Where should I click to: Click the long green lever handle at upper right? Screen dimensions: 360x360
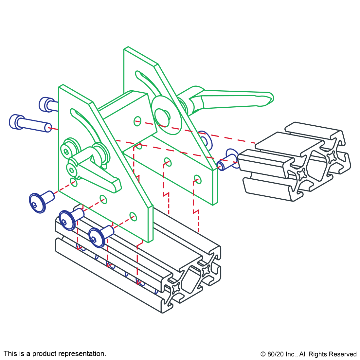(x=236, y=98)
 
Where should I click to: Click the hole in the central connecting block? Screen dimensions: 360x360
(x=137, y=121)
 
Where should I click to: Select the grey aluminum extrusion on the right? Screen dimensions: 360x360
(x=295, y=160)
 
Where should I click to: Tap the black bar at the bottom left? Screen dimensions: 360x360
(x=55, y=354)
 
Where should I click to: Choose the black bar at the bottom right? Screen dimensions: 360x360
(x=308, y=355)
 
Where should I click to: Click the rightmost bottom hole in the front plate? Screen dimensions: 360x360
(x=133, y=216)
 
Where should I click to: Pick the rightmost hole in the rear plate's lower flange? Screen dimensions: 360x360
(x=197, y=178)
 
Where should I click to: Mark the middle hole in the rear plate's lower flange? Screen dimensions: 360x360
(x=168, y=161)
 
